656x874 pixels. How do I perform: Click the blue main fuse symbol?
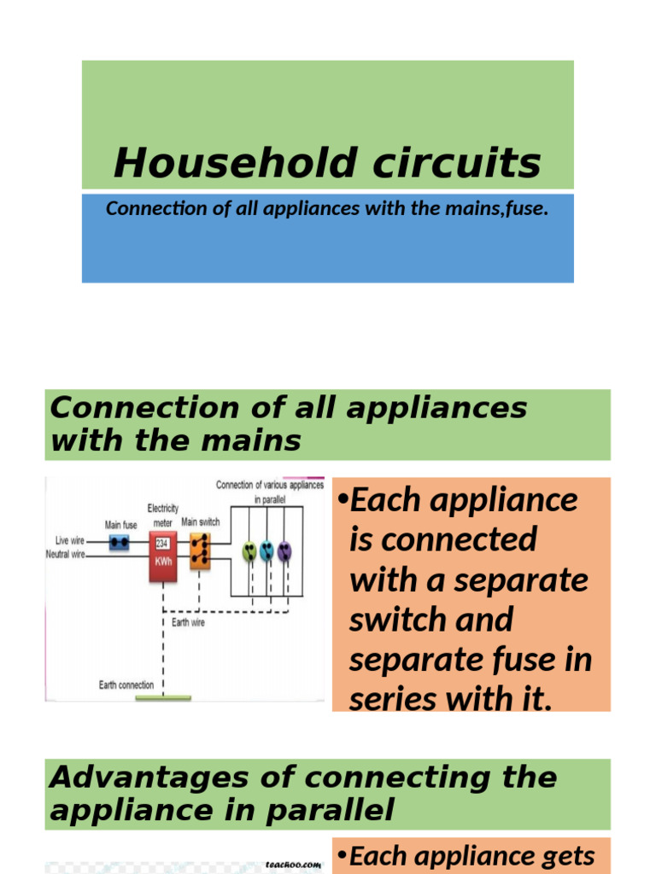pos(120,541)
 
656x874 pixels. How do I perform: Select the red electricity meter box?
pos(162,556)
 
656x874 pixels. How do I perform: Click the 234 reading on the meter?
pos(161,543)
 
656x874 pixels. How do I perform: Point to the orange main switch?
pos(199,551)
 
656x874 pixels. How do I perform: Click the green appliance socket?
pos(249,551)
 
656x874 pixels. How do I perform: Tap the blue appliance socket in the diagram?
pos(266,551)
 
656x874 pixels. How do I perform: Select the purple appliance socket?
pos(284,551)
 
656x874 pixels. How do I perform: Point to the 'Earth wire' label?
pos(187,623)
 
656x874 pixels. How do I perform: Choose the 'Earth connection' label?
pos(126,685)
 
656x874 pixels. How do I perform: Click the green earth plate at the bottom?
pos(163,697)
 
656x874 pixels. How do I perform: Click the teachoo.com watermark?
pos(293,864)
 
